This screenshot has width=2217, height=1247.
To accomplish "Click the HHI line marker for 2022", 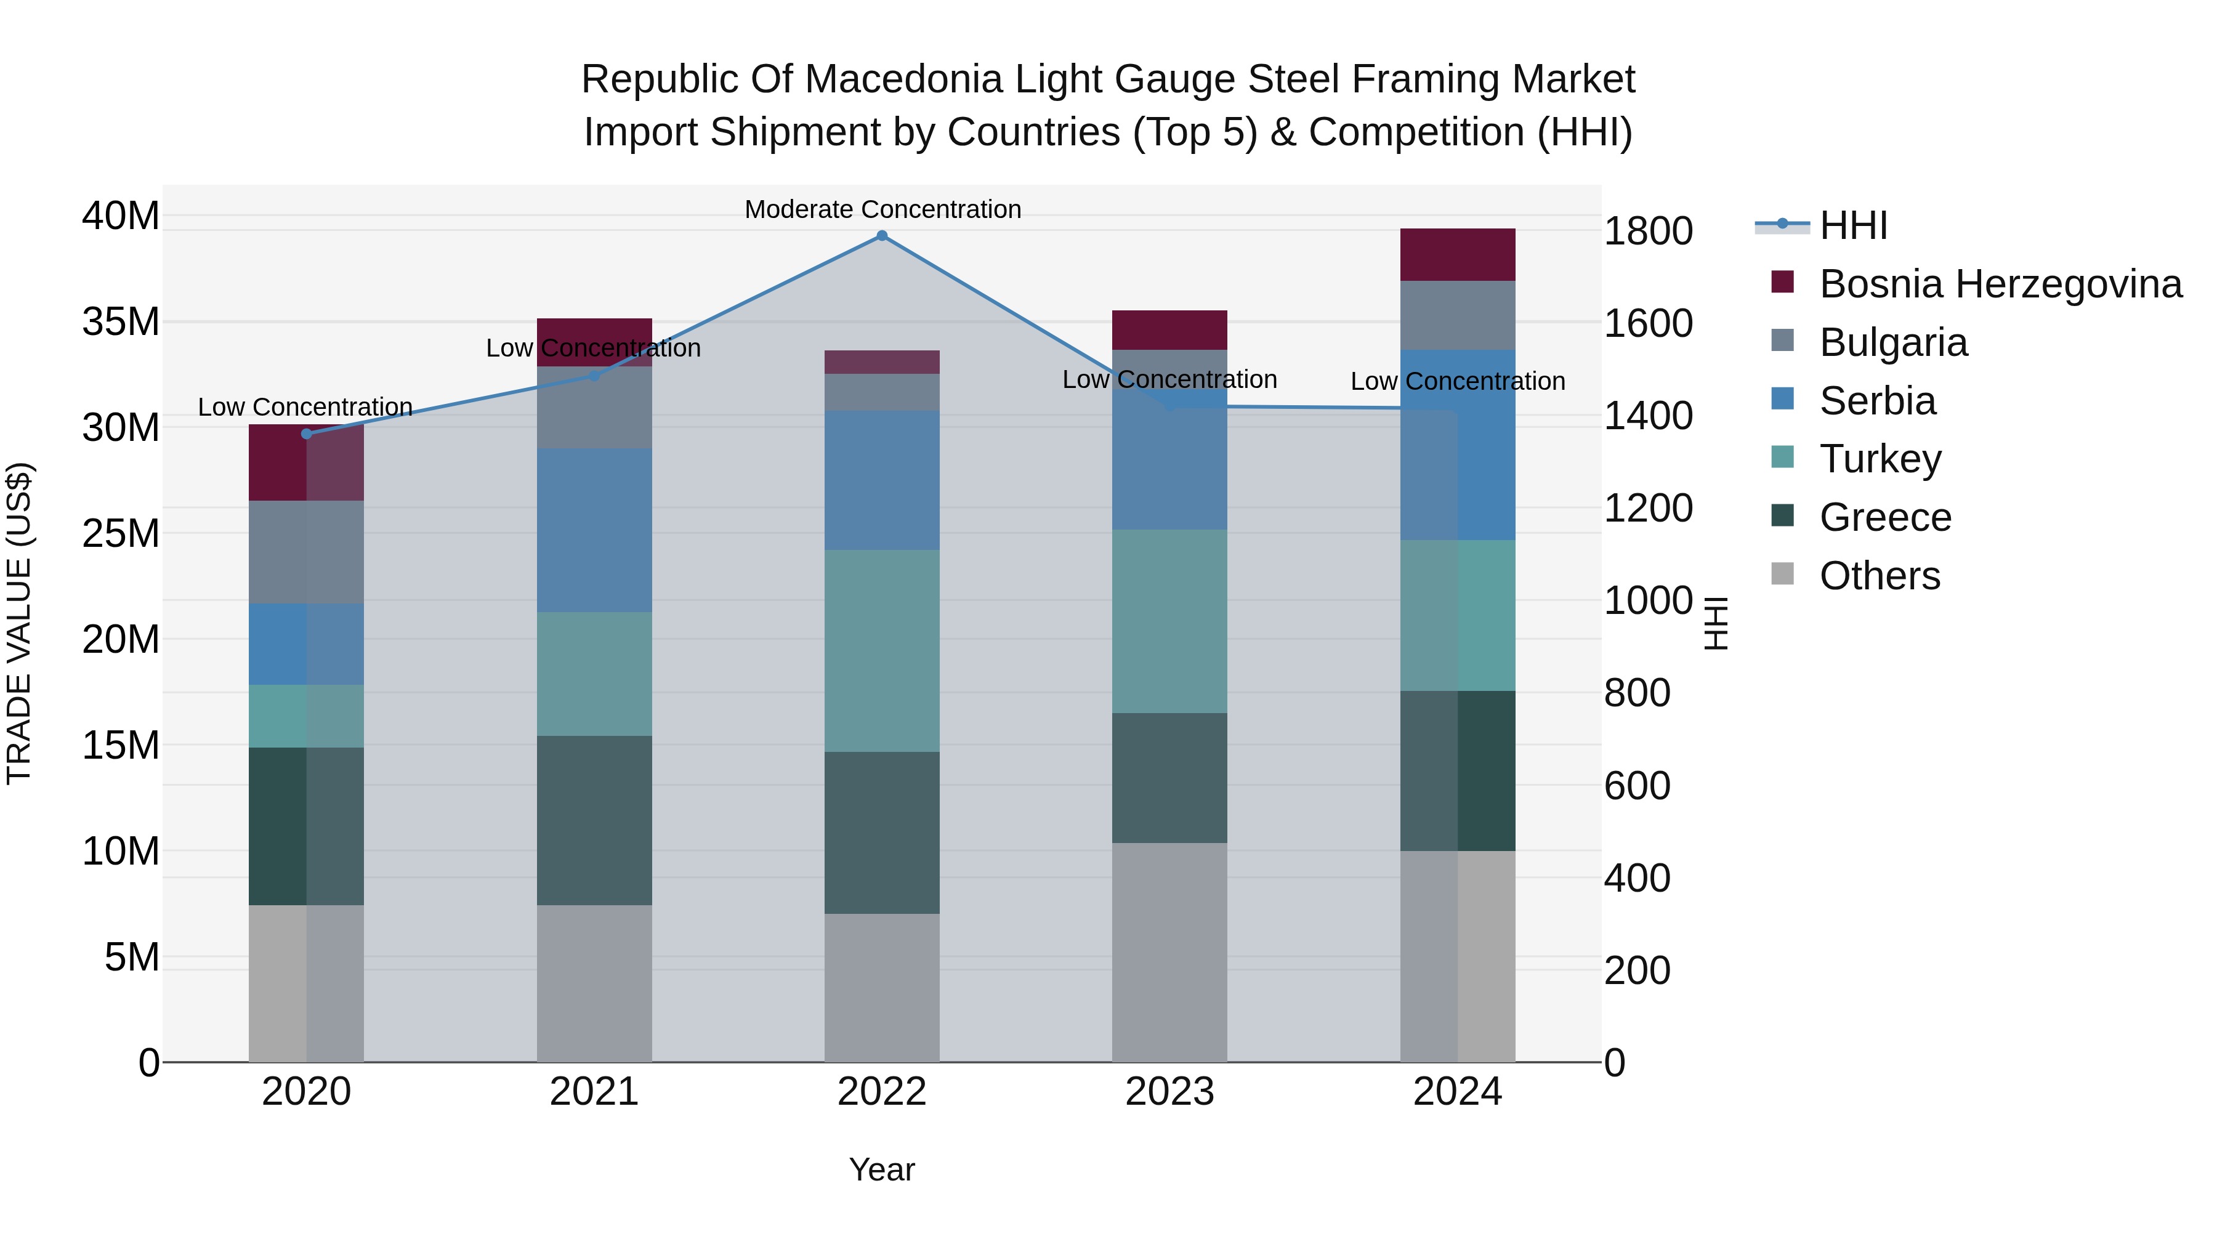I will coord(881,236).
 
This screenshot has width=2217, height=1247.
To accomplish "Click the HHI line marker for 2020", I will coord(307,434).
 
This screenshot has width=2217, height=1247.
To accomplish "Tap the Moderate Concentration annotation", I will coord(882,209).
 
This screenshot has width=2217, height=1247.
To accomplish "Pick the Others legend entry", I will coord(1879,576).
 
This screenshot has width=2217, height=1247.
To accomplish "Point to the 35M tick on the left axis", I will coord(121,322).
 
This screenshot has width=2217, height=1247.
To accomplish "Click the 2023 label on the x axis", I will coord(1169,1092).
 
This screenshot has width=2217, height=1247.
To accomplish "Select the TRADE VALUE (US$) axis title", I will coord(19,624).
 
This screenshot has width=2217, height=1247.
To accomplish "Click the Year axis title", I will coord(881,1169).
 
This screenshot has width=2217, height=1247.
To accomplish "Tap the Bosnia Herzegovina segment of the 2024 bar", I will coord(1457,255).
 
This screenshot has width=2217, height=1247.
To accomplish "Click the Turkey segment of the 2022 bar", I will coord(881,651).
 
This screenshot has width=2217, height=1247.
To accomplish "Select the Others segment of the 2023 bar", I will coord(1169,952).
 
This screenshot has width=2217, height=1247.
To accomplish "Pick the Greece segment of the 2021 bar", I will coord(594,820).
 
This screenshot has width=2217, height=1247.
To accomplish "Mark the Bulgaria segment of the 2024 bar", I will coord(1457,315).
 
